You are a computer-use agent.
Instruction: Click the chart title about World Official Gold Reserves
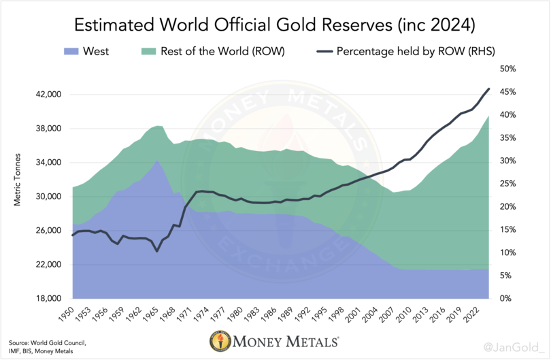click(275, 25)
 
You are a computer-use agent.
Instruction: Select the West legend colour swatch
click(70, 51)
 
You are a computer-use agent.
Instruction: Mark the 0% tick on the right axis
click(507, 299)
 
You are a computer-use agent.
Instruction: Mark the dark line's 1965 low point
click(157, 251)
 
